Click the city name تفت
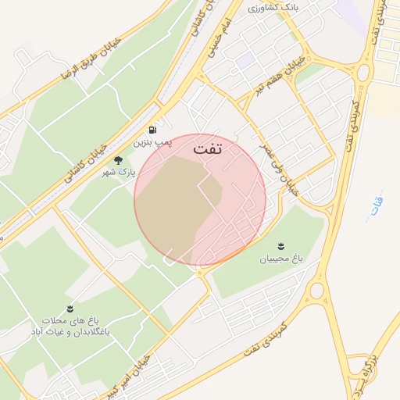[x=207, y=148]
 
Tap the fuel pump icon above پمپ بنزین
[x=150, y=130]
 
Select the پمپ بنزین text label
[x=150, y=143]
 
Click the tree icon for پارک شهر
[x=118, y=159]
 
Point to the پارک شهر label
[x=120, y=170]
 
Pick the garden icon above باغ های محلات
[x=70, y=309]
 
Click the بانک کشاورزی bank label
[x=274, y=9]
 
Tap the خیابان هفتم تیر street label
[x=277, y=74]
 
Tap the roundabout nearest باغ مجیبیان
[x=316, y=291]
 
